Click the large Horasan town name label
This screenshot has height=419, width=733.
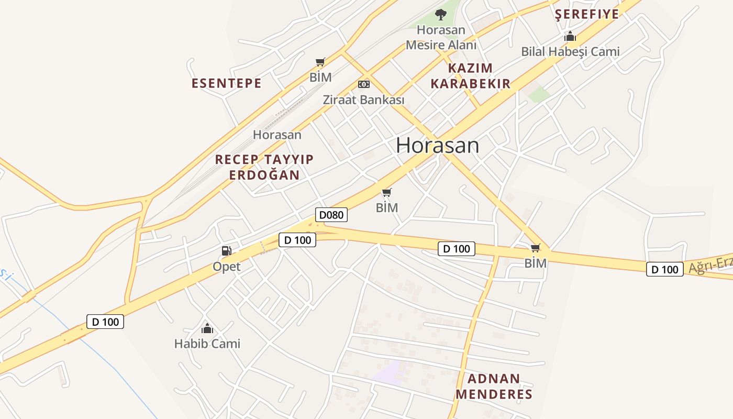click(x=437, y=145)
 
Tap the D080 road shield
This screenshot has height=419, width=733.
click(x=331, y=215)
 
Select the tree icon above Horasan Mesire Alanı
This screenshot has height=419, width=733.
click(x=441, y=15)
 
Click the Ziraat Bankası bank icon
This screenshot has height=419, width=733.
click(x=363, y=84)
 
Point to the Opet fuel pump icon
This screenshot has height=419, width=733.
click(x=226, y=251)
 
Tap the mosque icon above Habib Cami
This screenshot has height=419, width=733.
click(x=207, y=329)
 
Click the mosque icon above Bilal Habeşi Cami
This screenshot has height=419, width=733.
click(x=570, y=37)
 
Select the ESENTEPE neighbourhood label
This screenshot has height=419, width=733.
click(x=226, y=83)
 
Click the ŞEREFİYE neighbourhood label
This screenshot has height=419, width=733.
click(x=587, y=14)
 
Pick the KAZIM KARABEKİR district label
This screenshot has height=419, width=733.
click(x=470, y=76)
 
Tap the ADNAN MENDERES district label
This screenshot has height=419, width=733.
click(x=493, y=387)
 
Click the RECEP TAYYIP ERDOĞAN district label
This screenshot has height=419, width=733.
click(x=264, y=167)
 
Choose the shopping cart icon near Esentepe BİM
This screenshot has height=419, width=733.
click(x=320, y=63)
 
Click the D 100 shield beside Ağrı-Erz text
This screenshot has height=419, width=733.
click(x=664, y=270)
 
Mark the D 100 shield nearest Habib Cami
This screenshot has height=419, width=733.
click(x=105, y=322)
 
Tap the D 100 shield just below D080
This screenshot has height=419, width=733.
click(x=297, y=240)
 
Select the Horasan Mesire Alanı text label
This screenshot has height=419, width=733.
click(x=441, y=38)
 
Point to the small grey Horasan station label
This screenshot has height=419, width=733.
click(x=277, y=135)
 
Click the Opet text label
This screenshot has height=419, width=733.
click(x=226, y=267)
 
